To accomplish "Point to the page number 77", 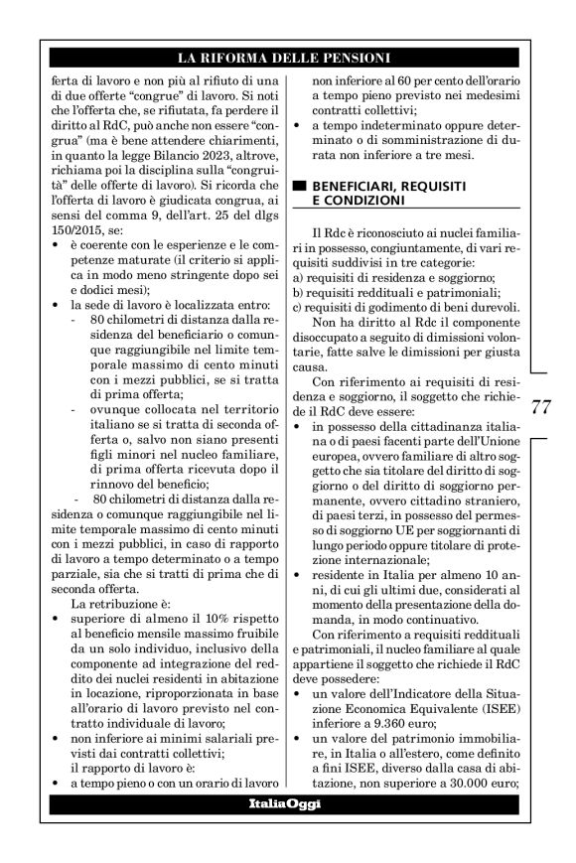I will pyautogui.click(x=541, y=405).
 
